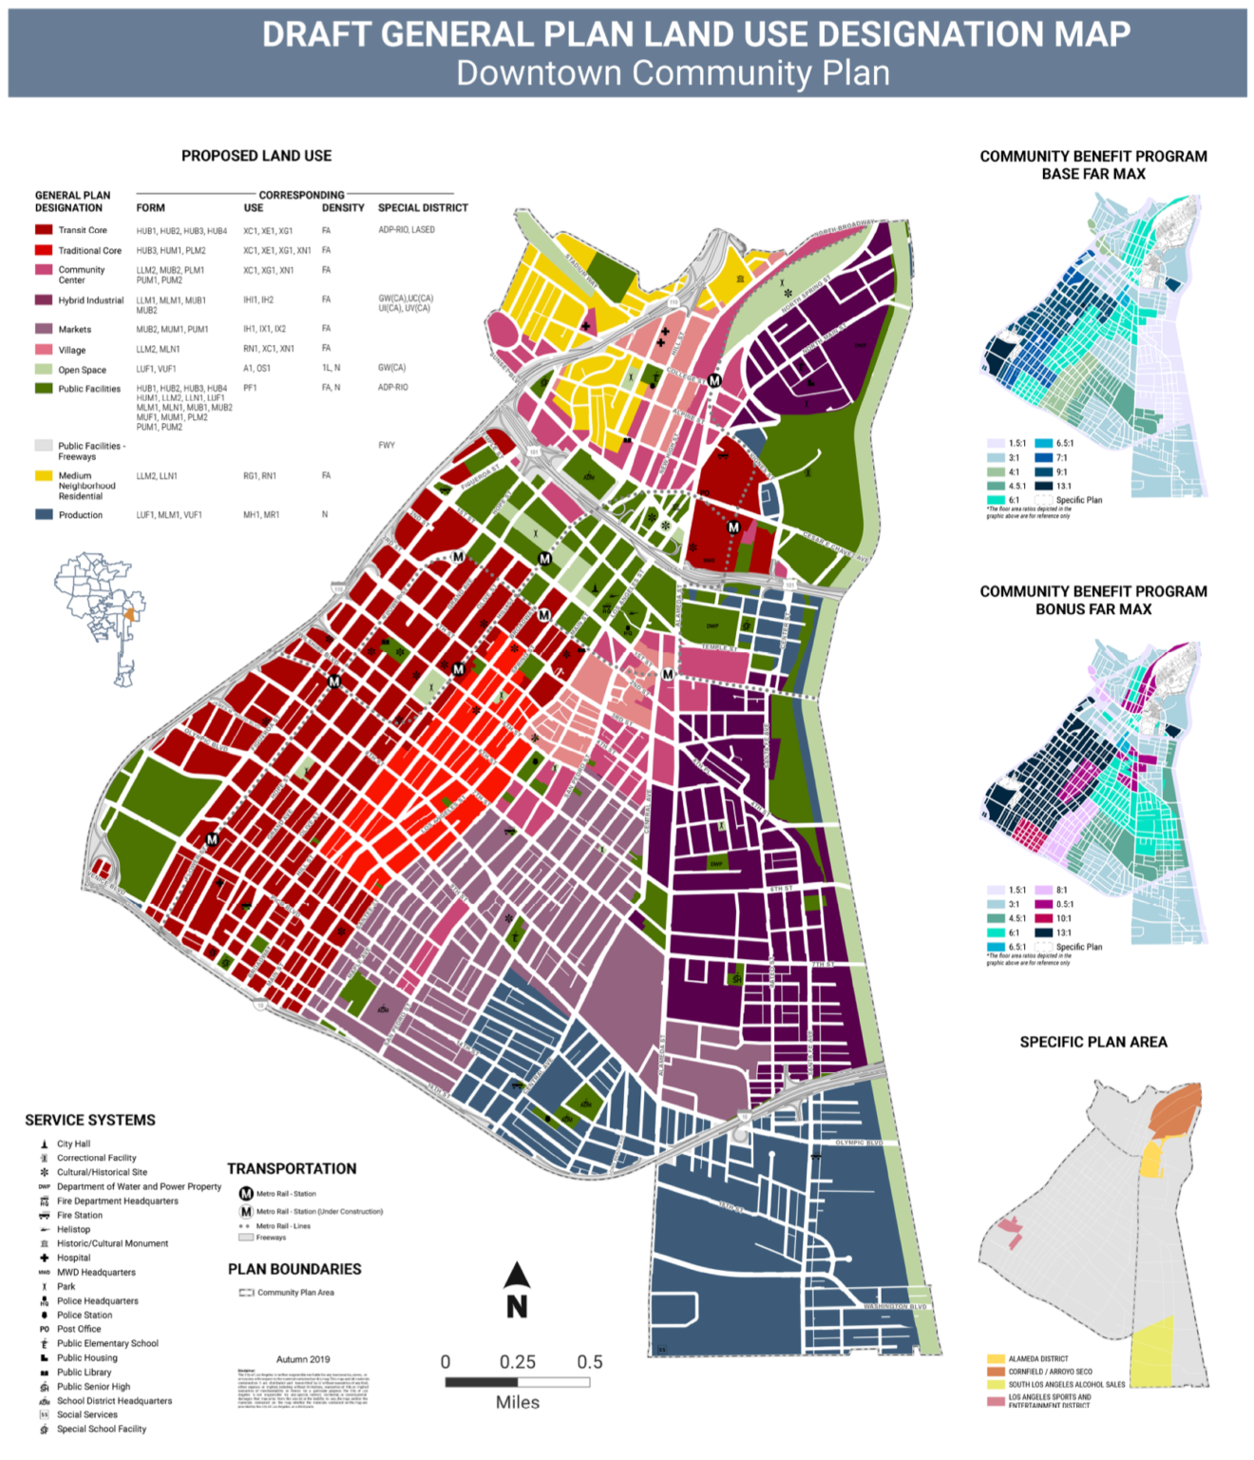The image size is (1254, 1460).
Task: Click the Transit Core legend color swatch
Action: coord(44,230)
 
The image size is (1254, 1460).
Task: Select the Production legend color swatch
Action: coord(44,514)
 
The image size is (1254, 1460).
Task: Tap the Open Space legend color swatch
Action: coord(44,370)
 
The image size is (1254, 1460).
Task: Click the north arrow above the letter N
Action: coord(517,1276)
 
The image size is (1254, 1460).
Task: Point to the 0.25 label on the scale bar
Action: coord(518,1361)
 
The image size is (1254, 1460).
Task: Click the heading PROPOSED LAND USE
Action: coord(256,156)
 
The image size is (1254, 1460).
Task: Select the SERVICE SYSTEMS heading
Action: coord(90,1120)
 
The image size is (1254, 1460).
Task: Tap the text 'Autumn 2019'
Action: coord(303,1359)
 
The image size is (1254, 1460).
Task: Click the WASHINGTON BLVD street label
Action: coord(894,1307)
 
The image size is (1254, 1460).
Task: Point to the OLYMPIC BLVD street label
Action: coord(859,1143)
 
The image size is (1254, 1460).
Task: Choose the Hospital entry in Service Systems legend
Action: coord(73,1258)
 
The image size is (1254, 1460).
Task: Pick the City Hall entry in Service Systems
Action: coord(73,1143)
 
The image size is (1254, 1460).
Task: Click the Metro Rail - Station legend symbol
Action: coord(246,1194)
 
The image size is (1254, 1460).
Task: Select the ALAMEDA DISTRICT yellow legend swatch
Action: coord(996,1359)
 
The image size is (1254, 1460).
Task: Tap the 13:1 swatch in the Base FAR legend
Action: coord(1043,486)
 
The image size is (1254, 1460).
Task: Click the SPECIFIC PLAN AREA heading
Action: coord(1093,1042)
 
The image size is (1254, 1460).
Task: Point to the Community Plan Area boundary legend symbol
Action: coord(246,1293)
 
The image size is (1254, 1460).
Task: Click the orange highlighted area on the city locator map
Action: coord(128,615)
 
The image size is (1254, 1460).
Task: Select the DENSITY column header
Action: coord(343,207)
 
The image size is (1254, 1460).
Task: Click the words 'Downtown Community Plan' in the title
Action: coord(673,73)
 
